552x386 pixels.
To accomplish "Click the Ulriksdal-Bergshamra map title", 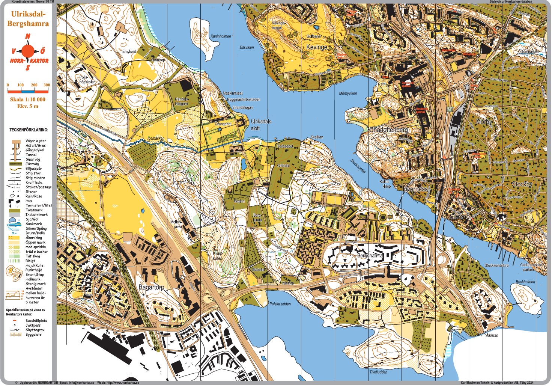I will pos(28,19).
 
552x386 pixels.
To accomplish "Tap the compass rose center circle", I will pos(28,51).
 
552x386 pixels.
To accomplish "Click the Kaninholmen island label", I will pos(221,36).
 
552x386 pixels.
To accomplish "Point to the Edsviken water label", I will pos(247,47).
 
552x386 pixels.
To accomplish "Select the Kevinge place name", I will pos(317,47).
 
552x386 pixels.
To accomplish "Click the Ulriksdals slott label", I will pos(260,125).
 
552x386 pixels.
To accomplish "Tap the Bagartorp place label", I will pos(151,287).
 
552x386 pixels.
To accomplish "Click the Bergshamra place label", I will pos(369,255).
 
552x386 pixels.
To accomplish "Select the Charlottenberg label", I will pos(388,130).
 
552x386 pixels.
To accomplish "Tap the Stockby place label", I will pos(522,184).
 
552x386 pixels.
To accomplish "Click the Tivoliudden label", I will pos(378,372).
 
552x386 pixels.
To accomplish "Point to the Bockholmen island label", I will pos(525,282).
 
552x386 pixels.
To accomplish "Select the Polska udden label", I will pos(280,304).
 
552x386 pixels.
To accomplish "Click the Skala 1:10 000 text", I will pos(28,100).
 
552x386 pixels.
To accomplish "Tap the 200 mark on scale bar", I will pos(34,85).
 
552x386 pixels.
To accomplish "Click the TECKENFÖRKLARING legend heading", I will pos(29,130).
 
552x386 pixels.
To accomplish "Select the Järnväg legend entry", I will pos(32,164).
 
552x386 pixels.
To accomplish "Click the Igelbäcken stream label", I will pos(156,138).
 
